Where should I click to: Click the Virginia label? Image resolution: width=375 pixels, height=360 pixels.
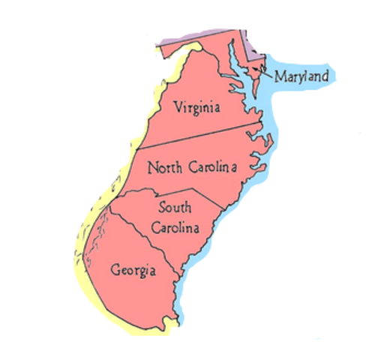click(196, 107)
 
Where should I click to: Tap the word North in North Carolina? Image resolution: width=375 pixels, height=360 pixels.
click(165, 166)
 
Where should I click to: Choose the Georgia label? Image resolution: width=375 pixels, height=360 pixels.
click(133, 268)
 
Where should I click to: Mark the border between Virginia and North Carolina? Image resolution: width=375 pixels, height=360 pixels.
click(195, 138)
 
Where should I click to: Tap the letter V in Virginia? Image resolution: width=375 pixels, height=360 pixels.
click(177, 106)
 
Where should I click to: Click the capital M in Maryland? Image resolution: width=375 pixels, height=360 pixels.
click(279, 76)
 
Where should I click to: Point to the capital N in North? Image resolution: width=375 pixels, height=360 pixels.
click(153, 166)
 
